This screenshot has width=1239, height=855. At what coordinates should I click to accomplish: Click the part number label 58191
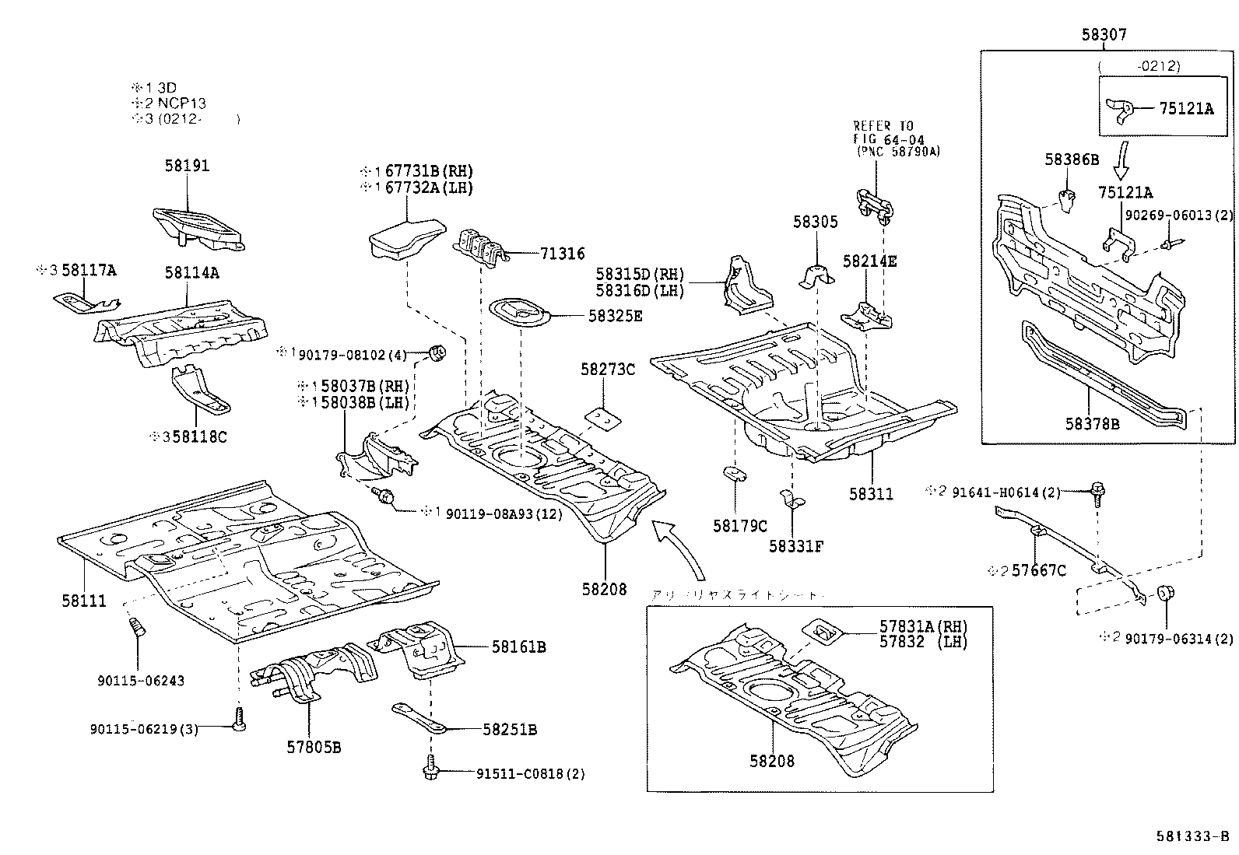pos(187,166)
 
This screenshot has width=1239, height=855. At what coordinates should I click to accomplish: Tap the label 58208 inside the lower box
pos(772,761)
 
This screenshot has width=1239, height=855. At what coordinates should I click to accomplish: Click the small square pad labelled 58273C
pos(604,418)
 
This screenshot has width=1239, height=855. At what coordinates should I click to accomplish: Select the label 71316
pos(561,254)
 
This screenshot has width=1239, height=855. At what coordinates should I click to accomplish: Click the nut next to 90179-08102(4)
pos(438,354)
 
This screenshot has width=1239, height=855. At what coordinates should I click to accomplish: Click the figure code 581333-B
pos(1192,836)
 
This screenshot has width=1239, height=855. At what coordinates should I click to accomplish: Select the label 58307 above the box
pos(1104,35)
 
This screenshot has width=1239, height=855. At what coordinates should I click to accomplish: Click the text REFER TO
pos(883,126)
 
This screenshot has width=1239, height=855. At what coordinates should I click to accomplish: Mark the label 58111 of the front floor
pos(84,601)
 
